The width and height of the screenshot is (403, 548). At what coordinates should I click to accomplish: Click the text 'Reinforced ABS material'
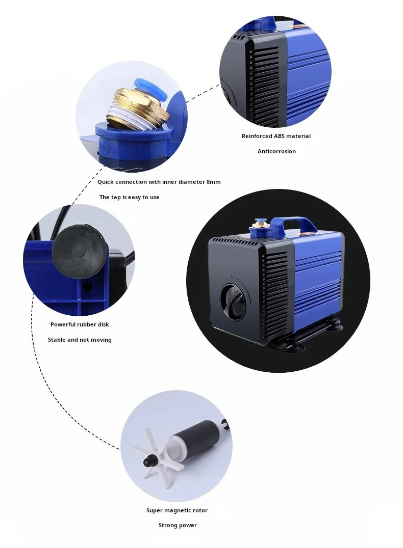[x=276, y=136]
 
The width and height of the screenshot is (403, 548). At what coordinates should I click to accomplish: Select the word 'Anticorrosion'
[x=276, y=151]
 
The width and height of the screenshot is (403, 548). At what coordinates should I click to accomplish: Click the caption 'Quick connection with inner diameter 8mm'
[x=159, y=182]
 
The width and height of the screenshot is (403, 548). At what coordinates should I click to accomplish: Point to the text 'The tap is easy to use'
[x=129, y=197]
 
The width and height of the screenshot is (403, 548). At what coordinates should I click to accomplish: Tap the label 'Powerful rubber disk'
[x=80, y=324]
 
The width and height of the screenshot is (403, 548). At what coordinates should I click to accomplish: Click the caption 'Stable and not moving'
[x=80, y=340]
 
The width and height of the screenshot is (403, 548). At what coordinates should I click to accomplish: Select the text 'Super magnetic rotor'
[x=177, y=510]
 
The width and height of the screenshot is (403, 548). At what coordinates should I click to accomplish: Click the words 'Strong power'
[x=177, y=525]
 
